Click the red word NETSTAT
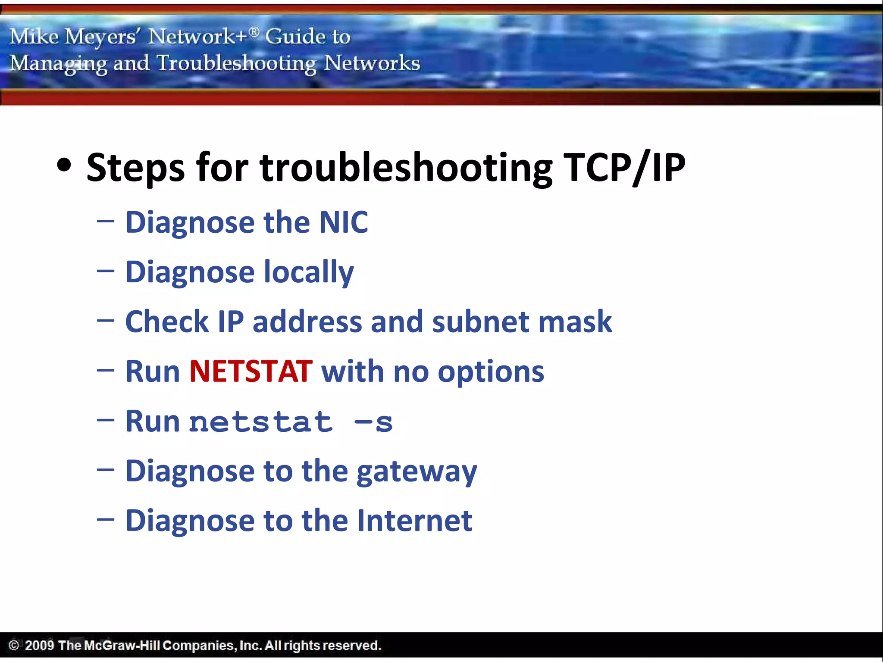[250, 372]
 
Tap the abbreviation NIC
[343, 222]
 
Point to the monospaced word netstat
[261, 422]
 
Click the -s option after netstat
[373, 422]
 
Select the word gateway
[416, 472]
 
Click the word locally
[308, 272]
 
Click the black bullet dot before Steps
[64, 165]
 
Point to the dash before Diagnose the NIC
[106, 222]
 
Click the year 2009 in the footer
[39, 645]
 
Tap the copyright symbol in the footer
[14, 645]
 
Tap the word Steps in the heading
[135, 168]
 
